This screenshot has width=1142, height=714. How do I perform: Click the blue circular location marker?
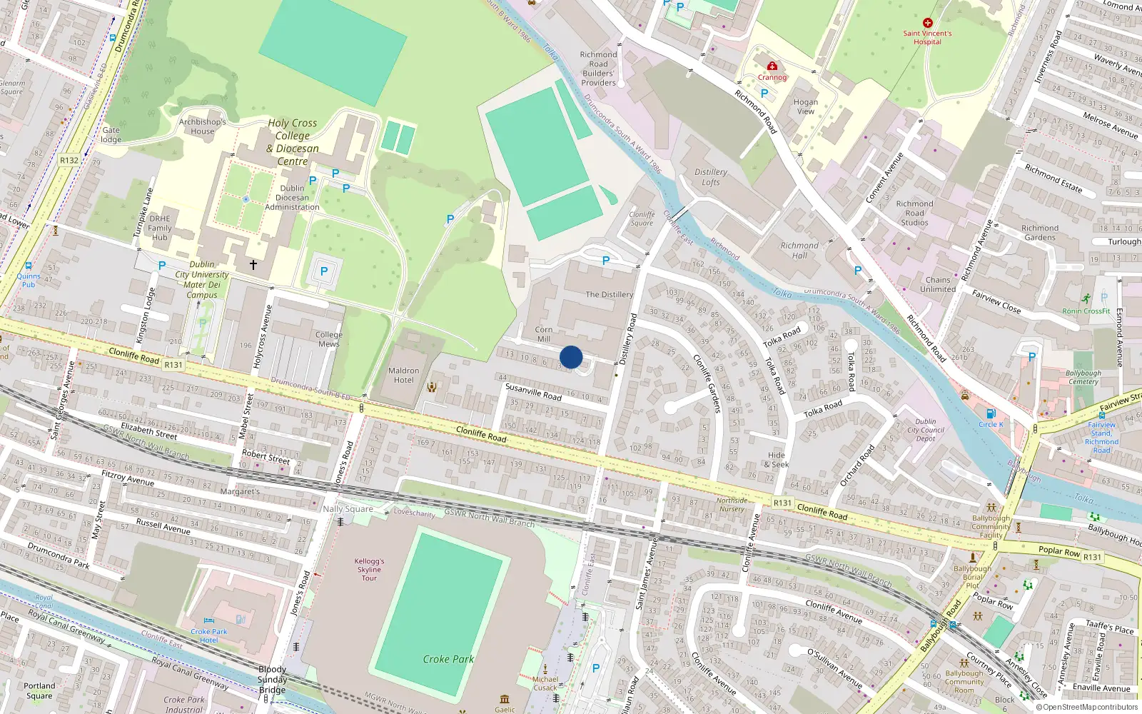(x=571, y=357)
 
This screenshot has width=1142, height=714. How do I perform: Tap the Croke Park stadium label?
(x=448, y=659)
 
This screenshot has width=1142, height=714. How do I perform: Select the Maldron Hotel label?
(x=403, y=375)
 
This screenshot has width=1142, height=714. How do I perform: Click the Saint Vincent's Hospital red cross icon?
(x=927, y=23)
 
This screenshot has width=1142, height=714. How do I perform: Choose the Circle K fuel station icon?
(x=991, y=413)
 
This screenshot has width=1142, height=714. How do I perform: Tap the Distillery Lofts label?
(x=711, y=177)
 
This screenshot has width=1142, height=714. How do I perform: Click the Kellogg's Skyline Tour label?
(x=369, y=569)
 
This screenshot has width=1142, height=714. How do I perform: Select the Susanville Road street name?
(x=533, y=391)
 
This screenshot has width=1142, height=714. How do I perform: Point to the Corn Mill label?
(x=544, y=334)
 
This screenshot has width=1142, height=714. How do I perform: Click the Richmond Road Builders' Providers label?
(x=598, y=69)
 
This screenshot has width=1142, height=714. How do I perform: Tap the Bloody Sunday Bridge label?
(x=272, y=679)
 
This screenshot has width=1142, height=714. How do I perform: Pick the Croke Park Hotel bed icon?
(x=209, y=621)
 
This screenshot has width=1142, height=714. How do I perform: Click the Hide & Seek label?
(x=777, y=460)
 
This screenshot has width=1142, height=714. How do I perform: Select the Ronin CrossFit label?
(x=1086, y=311)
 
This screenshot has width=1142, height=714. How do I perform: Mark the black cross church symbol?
(x=253, y=265)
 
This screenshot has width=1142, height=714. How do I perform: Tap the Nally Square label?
(x=348, y=509)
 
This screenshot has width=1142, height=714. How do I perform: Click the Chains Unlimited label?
(x=938, y=284)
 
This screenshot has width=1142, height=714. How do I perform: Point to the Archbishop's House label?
(x=202, y=126)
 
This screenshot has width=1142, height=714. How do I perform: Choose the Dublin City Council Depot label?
(x=926, y=430)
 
